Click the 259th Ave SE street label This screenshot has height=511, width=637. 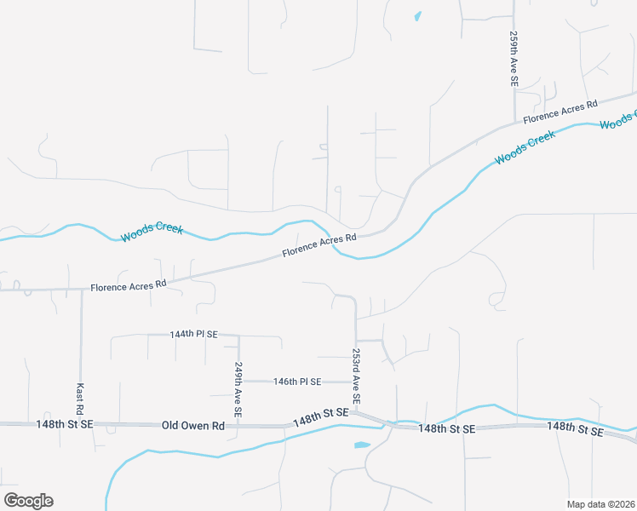(514, 59)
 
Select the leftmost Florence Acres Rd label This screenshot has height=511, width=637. (129, 286)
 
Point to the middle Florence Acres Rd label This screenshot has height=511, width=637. (319, 244)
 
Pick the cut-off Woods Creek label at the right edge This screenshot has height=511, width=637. (618, 120)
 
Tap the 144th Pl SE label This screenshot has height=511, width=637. (194, 335)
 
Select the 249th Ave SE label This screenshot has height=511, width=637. (239, 388)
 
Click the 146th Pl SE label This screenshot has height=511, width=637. (296, 382)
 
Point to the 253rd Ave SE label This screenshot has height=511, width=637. (356, 376)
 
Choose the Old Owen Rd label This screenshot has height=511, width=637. (193, 424)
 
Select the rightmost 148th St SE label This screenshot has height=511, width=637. (575, 428)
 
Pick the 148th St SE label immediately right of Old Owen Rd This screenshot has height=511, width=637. (321, 417)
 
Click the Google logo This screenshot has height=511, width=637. (29, 500)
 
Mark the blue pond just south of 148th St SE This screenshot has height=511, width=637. (361, 445)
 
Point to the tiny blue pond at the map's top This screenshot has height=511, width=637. (417, 15)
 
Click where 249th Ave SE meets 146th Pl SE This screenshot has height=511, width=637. (239, 382)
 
